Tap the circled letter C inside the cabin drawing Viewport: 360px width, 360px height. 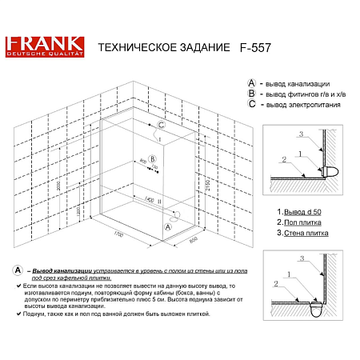(161, 126)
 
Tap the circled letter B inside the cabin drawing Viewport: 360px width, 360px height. (152, 158)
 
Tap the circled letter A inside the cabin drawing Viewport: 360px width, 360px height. (167, 226)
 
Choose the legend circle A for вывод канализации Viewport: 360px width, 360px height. (252, 82)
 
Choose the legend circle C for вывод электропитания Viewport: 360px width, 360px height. (252, 104)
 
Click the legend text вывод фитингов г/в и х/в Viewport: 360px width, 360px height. (302, 94)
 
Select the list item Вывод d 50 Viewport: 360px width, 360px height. (298, 210)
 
